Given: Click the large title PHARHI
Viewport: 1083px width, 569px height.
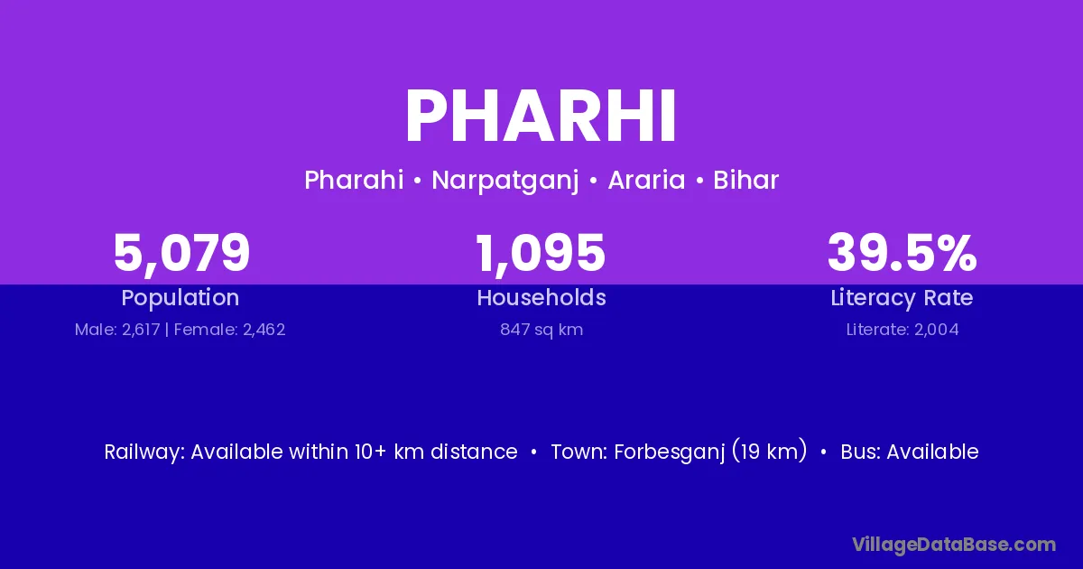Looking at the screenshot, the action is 541,116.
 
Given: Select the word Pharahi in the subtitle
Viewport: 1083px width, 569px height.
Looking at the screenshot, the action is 354,180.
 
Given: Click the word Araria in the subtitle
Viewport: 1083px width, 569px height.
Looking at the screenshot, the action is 646,180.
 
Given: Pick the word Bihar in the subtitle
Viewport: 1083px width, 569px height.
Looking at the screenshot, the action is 746,180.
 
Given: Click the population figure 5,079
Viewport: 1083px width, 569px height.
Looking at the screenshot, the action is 181,253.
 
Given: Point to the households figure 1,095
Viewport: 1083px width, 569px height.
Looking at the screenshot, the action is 541,253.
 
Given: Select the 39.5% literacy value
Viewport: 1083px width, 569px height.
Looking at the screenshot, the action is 902,252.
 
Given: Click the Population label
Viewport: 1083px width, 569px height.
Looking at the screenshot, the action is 180,298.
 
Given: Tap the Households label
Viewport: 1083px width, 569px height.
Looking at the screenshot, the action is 541,297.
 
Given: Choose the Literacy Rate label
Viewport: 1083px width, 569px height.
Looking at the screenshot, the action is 902,298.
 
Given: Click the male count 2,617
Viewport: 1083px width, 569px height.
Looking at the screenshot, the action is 141,330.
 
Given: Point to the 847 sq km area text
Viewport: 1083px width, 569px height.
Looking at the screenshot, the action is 541,330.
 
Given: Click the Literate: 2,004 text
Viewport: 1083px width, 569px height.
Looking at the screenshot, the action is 902,330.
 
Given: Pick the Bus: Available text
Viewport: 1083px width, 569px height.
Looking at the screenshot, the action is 910,452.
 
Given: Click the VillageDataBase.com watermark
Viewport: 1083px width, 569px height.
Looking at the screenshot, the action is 954,545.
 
